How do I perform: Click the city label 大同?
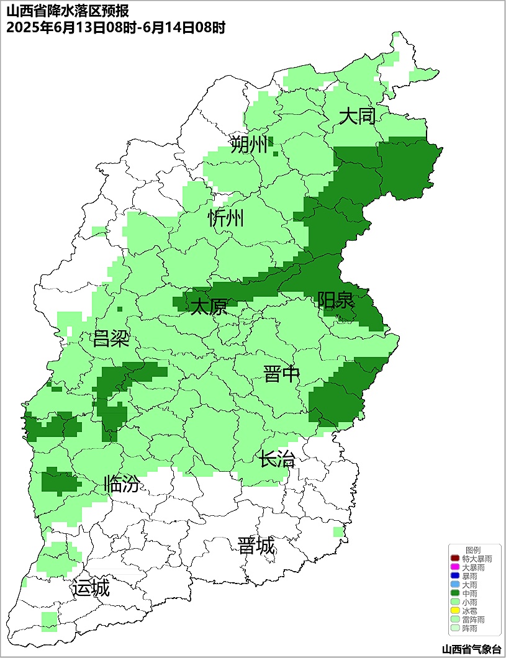click(x=357, y=116)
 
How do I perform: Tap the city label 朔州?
click(x=248, y=145)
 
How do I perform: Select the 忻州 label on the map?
click(x=226, y=219)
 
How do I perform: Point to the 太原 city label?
click(x=209, y=307)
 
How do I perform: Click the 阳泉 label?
click(x=335, y=300)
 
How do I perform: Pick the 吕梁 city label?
click(x=111, y=339)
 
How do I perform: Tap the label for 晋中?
click(x=281, y=374)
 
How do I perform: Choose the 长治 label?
click(x=277, y=460)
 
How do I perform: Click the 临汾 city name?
click(x=121, y=484)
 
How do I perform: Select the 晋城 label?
click(x=256, y=546)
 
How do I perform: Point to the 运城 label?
click(x=91, y=588)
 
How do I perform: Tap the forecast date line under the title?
click(x=115, y=28)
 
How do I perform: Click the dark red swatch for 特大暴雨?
click(x=454, y=559)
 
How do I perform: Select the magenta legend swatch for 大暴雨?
click(x=454, y=567)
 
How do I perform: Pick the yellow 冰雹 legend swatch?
click(x=454, y=611)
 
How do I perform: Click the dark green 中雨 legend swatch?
click(x=454, y=593)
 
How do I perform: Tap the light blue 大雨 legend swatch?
click(x=454, y=585)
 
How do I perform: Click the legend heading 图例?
click(x=473, y=550)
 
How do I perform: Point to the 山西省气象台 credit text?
click(x=471, y=649)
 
